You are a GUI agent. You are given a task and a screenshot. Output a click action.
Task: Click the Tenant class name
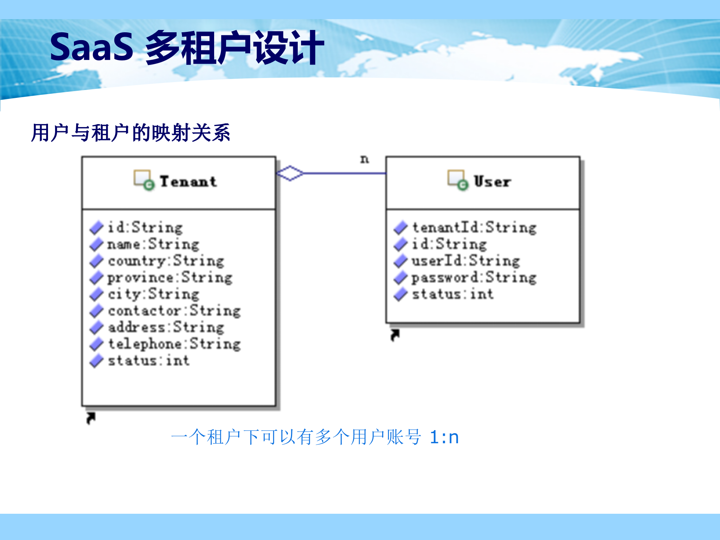click(188, 181)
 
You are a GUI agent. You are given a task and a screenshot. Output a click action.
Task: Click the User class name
click(492, 181)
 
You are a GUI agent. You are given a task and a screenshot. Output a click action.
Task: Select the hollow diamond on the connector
click(290, 173)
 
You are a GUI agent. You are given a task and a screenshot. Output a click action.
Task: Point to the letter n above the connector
click(364, 159)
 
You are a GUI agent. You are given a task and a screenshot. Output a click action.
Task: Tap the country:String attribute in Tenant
click(166, 261)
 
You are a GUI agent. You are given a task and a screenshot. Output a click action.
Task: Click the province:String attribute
click(170, 277)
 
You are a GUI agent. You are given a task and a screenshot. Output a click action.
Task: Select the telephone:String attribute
click(174, 344)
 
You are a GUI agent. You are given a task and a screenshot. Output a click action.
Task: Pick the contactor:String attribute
click(174, 311)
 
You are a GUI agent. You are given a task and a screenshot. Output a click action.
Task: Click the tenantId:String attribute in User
click(474, 228)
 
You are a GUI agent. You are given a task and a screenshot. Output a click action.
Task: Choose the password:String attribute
click(474, 277)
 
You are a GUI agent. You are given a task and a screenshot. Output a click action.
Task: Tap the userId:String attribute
click(466, 261)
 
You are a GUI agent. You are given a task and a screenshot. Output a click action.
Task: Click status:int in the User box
click(453, 294)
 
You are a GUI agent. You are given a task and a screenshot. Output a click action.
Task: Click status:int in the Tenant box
click(148, 361)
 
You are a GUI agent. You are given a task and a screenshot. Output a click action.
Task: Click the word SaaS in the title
click(91, 47)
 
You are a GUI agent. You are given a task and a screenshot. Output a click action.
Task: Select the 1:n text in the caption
click(444, 437)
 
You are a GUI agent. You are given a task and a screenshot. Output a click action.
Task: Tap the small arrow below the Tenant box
click(91, 418)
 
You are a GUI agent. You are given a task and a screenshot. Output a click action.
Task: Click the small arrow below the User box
click(395, 335)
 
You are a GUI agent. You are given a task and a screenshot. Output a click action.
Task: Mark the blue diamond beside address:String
click(97, 327)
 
